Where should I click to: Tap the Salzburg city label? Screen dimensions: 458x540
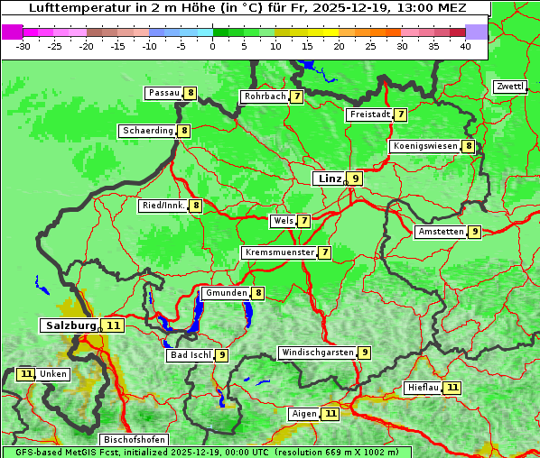(70, 325)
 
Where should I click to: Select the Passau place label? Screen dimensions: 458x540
(164, 93)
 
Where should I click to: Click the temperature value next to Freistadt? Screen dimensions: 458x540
(400, 114)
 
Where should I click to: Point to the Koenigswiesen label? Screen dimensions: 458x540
(425, 146)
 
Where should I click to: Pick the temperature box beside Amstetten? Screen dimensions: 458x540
(475, 232)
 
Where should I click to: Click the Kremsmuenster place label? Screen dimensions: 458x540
(279, 252)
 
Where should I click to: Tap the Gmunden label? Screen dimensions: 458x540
(226, 293)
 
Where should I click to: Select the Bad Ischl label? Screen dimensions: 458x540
(190, 355)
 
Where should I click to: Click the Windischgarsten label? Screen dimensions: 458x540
(317, 353)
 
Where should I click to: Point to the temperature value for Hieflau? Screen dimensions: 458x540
(452, 388)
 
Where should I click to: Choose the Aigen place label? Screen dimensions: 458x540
(304, 414)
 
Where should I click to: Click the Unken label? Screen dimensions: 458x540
(53, 374)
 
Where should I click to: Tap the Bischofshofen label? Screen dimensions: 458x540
(134, 439)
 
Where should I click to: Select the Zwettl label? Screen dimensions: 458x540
(509, 87)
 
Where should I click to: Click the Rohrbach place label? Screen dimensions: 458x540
(265, 96)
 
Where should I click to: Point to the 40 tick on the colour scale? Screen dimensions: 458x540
(465, 46)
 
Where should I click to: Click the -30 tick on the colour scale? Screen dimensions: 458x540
(24, 46)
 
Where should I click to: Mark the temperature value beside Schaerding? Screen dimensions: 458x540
(184, 131)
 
